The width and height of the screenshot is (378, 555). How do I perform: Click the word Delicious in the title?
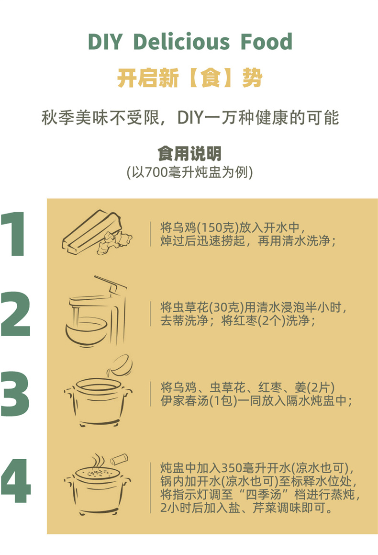[182, 41]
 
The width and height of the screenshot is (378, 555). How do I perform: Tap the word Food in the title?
[267, 41]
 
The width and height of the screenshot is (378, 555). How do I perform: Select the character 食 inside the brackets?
[211, 78]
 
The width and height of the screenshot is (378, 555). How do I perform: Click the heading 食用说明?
[189, 153]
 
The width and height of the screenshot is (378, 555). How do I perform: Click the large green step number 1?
[14, 234]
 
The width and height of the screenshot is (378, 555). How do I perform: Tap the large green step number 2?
[16, 314]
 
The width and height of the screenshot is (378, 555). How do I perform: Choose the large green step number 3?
[15, 394]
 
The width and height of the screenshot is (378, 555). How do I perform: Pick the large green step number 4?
[16, 480]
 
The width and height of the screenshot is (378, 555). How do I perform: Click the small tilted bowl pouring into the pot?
[120, 365]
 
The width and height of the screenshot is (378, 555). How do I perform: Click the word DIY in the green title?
[105, 41]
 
